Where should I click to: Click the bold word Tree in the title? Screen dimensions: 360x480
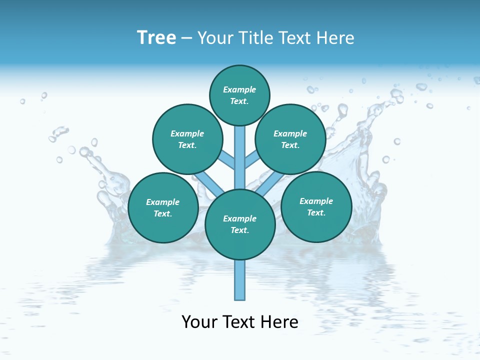point(156,38)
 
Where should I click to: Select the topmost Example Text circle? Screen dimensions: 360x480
point(239,95)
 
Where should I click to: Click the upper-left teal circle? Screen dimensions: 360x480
point(187,139)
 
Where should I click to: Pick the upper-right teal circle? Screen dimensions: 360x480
point(290,139)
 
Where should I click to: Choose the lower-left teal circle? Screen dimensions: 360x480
point(163,208)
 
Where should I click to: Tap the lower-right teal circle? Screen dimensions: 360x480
point(316,207)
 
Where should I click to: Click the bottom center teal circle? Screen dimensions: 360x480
point(240,224)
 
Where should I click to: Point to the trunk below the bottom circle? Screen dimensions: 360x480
point(240,280)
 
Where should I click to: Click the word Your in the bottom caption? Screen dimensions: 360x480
point(200,322)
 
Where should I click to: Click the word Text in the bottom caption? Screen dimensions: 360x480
point(239,322)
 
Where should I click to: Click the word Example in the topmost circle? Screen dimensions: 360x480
point(239,90)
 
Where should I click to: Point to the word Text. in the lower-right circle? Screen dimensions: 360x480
point(316,213)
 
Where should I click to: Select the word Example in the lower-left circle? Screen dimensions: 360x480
point(163,202)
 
